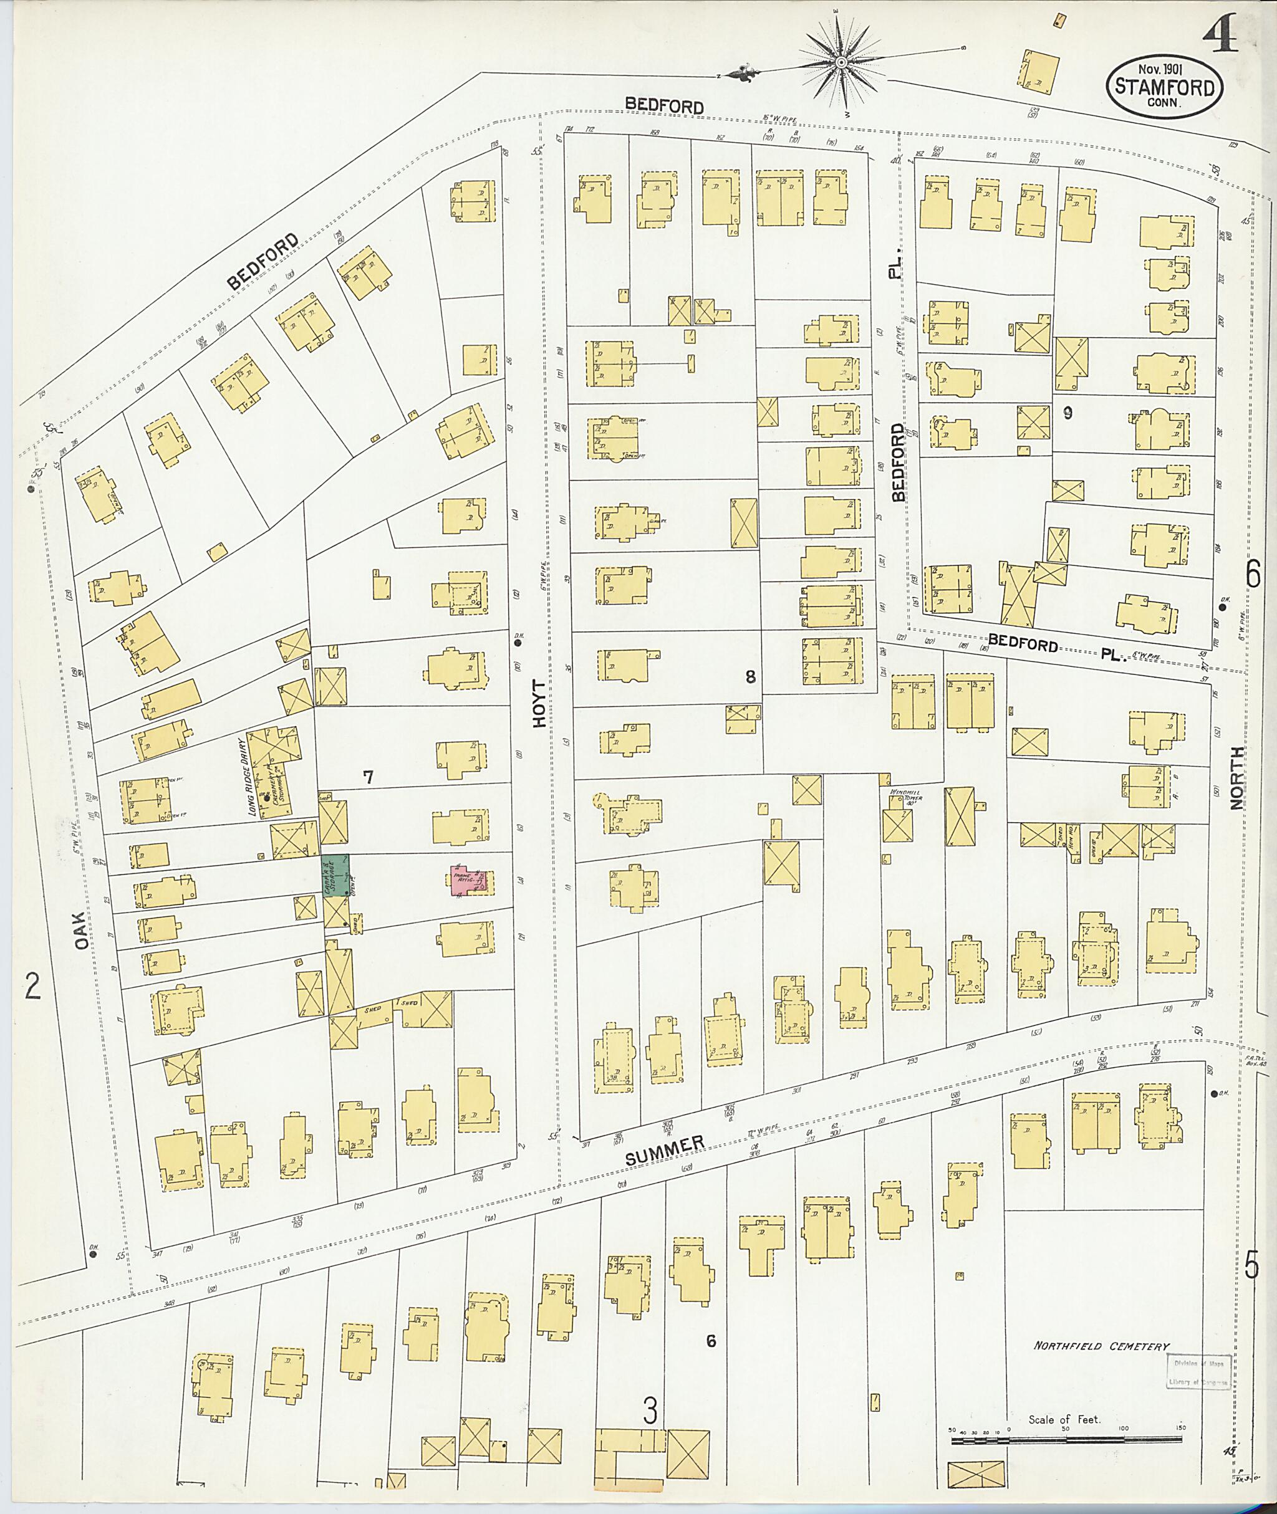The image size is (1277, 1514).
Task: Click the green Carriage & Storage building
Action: point(336,875)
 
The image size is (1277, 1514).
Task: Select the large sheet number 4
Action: point(1222,34)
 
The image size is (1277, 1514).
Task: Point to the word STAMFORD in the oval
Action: point(1164,87)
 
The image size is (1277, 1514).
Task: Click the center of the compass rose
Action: point(841,64)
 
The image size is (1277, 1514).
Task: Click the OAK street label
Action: point(82,929)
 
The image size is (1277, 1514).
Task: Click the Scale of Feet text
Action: point(1064,1419)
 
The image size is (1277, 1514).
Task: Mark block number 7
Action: point(368,778)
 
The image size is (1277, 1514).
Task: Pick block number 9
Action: point(1067,413)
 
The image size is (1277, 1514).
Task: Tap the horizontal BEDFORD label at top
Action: point(664,107)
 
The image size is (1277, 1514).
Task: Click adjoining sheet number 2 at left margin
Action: point(32,985)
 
